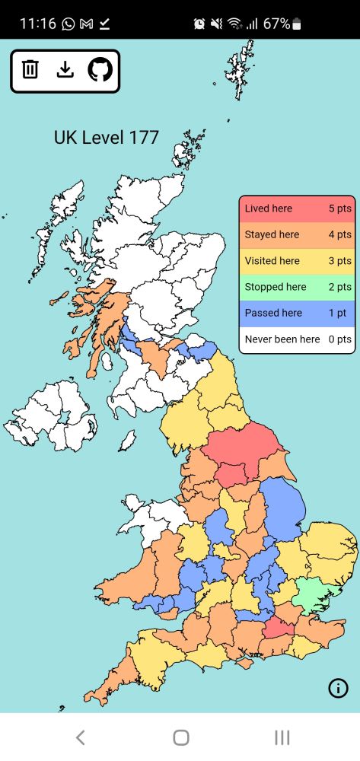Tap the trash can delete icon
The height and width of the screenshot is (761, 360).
coord(30,70)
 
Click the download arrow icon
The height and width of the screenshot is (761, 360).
coord(65,70)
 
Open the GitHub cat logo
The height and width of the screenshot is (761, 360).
coord(100,70)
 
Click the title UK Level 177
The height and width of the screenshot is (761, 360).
coord(106,138)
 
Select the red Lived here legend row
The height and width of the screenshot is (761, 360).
coord(297,209)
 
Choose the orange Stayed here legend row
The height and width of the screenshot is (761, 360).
coord(297,234)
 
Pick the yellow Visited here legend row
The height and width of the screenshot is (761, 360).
coord(297,260)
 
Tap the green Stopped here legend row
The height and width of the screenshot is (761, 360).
coord(297,287)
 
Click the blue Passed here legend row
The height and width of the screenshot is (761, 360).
coord(297,313)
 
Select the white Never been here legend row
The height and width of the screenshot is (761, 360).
coord(297,339)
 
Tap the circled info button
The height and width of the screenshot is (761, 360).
coord(338,688)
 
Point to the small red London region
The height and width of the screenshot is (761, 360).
coord(279,629)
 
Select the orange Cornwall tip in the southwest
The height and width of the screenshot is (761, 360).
coord(107,689)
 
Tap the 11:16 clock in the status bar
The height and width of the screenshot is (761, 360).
coord(37,24)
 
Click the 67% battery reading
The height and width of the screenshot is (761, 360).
coord(276,24)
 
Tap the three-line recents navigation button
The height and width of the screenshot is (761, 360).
coord(282,737)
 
